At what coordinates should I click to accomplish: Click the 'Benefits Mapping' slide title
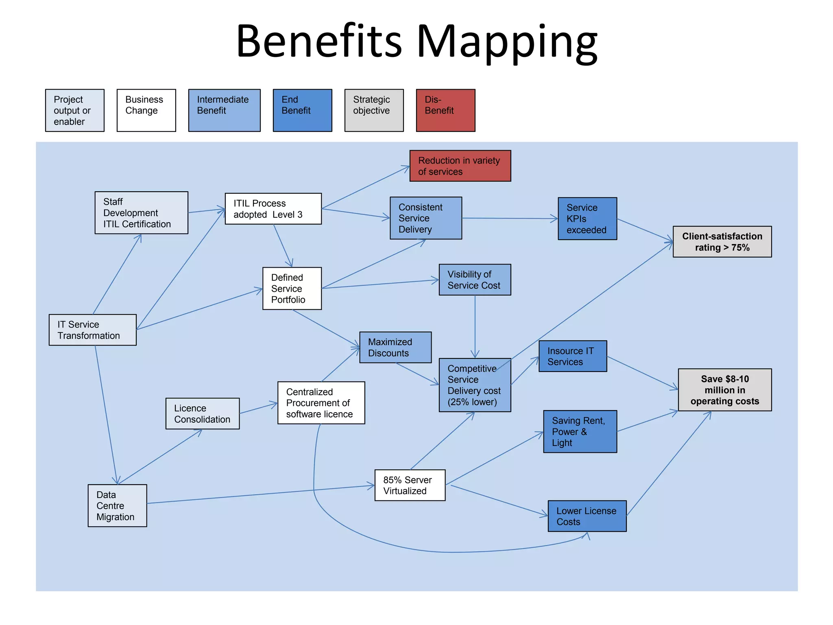(x=416, y=42)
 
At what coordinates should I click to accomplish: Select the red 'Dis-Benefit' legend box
(x=445, y=110)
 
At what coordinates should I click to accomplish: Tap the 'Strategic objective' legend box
(x=374, y=110)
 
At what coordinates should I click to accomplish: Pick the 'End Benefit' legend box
(x=302, y=110)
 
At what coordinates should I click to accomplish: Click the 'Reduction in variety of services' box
(x=460, y=166)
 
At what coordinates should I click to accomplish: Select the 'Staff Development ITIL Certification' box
(x=141, y=213)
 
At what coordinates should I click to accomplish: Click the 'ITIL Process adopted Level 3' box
(x=273, y=209)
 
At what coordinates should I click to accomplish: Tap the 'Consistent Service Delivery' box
(x=425, y=218)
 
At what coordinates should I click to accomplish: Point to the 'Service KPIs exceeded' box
(x=587, y=219)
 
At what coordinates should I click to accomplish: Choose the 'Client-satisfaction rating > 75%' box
(x=722, y=242)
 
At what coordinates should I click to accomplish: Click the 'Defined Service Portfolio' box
(x=292, y=288)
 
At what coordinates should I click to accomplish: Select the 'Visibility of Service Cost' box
(x=475, y=280)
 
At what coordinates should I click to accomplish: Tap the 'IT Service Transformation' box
(x=92, y=330)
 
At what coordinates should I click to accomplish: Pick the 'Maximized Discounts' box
(x=395, y=347)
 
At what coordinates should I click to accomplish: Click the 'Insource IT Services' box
(x=572, y=356)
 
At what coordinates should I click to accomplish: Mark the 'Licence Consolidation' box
(x=202, y=413)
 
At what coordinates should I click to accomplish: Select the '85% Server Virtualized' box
(x=410, y=485)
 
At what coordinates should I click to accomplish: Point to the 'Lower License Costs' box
(x=587, y=516)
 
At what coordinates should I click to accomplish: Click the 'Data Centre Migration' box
(x=117, y=506)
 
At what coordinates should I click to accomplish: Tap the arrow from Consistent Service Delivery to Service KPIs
(x=510, y=219)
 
